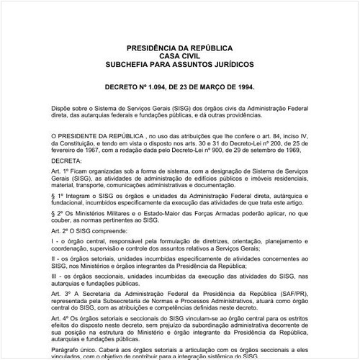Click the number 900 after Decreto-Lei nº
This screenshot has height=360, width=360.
pyautogui.click(x=222, y=151)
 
